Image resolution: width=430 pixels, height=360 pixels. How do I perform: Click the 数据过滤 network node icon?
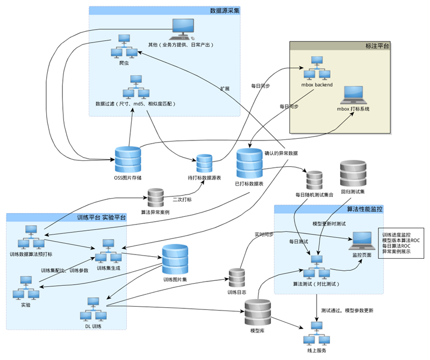(135, 87)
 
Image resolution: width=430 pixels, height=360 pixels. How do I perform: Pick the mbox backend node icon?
(317, 68)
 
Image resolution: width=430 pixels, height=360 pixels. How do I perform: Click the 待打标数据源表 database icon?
(204, 164)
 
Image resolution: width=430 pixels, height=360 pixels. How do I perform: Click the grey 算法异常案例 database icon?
(156, 197)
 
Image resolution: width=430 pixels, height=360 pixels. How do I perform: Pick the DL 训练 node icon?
(93, 309)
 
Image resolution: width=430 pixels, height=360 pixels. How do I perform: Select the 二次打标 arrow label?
(182, 199)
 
